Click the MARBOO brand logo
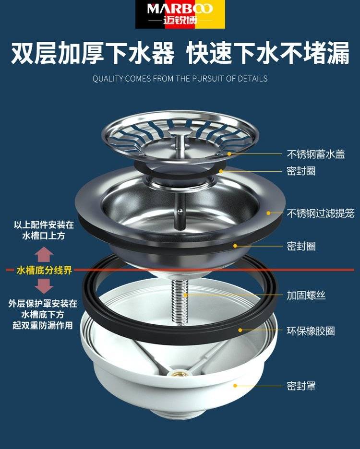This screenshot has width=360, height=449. (180, 14)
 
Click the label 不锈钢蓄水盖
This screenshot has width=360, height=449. (316, 154)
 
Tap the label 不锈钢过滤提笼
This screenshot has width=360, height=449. (321, 213)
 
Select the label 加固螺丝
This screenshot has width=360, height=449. (306, 295)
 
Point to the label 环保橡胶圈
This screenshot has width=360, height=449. (311, 331)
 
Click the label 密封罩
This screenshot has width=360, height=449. (301, 386)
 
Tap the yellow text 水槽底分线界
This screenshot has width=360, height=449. (44, 270)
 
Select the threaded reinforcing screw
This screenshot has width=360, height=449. (180, 302)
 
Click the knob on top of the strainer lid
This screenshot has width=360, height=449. (179, 132)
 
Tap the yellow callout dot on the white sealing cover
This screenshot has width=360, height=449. (235, 386)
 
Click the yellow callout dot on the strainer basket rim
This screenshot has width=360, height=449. (268, 213)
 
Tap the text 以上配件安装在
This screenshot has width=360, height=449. (44, 225)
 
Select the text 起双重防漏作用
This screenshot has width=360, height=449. (43, 325)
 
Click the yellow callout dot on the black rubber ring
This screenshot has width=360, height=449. (240, 330)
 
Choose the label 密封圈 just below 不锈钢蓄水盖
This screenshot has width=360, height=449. (301, 171)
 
